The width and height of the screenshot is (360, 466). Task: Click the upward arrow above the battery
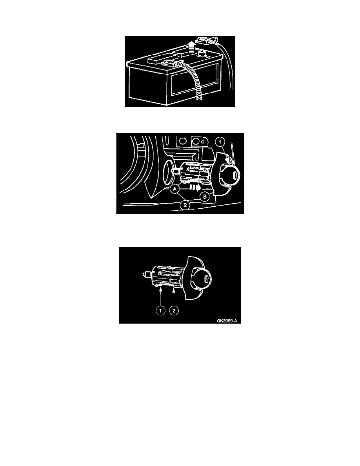click(x=192, y=47)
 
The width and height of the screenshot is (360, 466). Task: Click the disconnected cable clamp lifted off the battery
click(x=207, y=40)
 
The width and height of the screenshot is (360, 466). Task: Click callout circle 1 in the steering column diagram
click(x=220, y=142)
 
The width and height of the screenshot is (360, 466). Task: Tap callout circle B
click(x=205, y=197)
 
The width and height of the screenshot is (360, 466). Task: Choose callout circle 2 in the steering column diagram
click(x=185, y=205)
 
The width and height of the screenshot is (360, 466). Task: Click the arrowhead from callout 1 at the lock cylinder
click(x=228, y=160)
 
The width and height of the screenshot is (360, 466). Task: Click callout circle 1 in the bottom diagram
click(x=160, y=311)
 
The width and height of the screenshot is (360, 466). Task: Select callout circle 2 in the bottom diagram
click(x=174, y=311)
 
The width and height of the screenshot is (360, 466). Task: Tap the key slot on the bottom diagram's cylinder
click(x=205, y=278)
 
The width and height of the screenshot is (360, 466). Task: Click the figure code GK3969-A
click(x=227, y=321)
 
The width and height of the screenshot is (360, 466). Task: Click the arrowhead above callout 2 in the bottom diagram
click(x=174, y=290)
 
